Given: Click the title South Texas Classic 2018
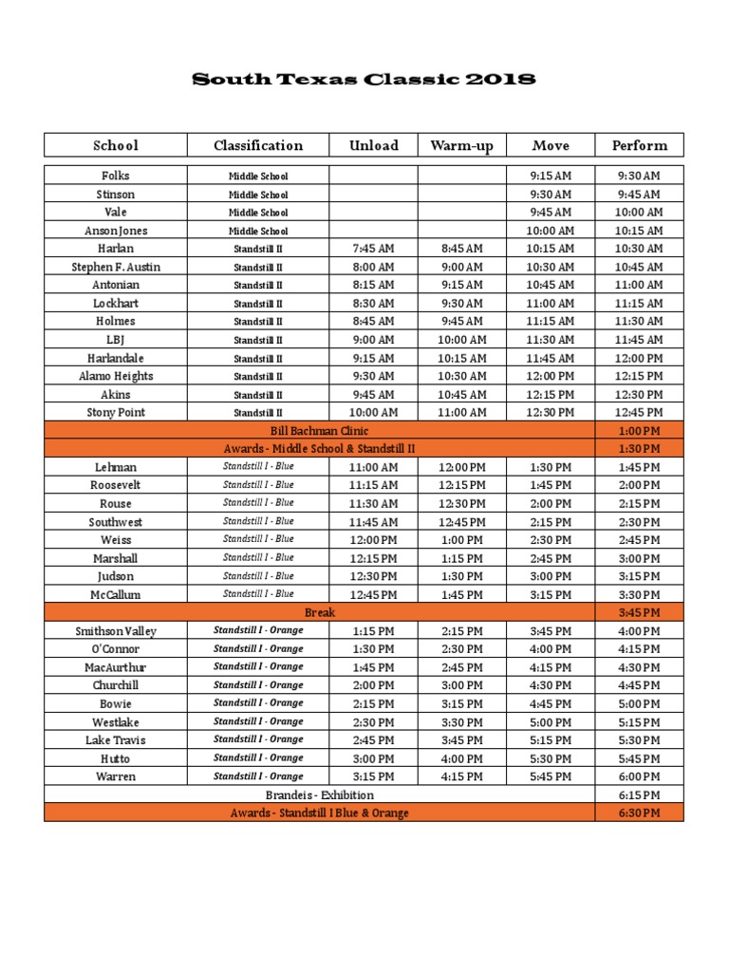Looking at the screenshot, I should [364, 80].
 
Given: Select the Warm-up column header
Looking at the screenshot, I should [460, 145].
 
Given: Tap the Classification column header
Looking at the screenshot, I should [258, 145].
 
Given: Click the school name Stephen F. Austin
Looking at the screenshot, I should [116, 267].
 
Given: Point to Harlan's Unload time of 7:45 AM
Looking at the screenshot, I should [373, 249].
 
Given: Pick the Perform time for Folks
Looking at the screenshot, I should [639, 176].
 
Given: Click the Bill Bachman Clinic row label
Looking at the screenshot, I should [319, 431].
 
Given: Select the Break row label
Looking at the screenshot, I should [319, 613].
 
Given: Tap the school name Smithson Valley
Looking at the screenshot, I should [116, 631].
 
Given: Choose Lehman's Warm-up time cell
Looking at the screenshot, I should [461, 467].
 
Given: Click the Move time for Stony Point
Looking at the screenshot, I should [551, 413].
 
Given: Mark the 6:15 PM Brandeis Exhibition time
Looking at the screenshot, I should [639, 795].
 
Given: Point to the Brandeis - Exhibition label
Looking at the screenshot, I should [319, 795].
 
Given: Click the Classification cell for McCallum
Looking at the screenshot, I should [258, 594].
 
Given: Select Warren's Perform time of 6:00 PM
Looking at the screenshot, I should [639, 776].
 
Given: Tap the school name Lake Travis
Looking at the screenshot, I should [116, 740].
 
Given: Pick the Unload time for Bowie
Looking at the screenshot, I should [373, 704].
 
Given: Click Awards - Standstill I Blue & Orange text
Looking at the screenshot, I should [319, 813].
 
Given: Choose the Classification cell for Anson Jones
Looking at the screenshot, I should [258, 231].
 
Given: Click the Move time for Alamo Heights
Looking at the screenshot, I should [551, 376].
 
